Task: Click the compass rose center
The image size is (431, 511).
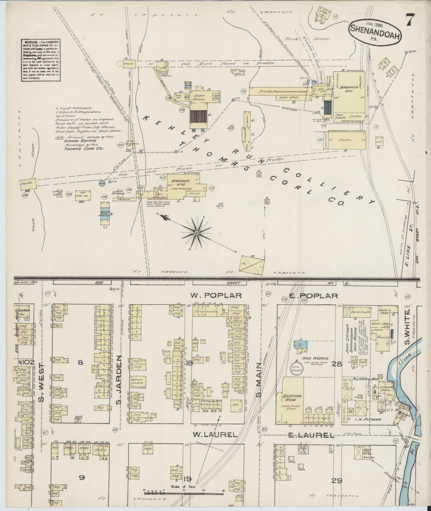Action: [197, 233]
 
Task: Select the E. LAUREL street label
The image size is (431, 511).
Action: [311, 436]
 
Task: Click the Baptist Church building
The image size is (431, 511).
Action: [137, 381]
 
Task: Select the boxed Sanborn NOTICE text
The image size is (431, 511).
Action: [40, 60]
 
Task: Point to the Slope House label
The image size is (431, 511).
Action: [199, 97]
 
